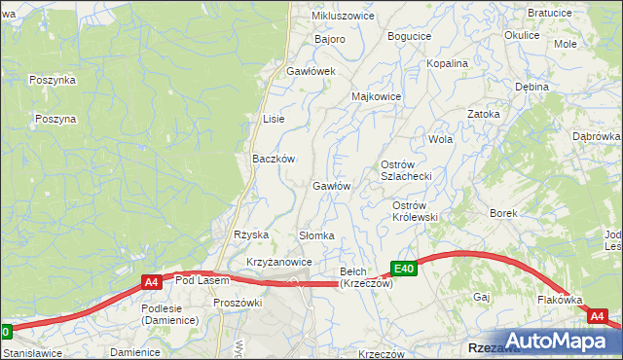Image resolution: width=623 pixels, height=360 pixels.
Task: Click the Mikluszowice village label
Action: [343, 17]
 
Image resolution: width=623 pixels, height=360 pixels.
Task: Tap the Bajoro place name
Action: [330, 40]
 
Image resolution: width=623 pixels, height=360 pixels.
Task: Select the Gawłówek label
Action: [311, 72]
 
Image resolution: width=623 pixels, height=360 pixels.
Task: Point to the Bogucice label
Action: [409, 36]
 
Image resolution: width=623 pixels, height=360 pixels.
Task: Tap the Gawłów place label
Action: [331, 186]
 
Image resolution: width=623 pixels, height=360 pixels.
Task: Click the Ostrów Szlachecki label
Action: [412, 169]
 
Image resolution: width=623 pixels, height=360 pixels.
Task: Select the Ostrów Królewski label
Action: [415, 211]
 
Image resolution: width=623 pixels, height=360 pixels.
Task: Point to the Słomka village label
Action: [316, 236]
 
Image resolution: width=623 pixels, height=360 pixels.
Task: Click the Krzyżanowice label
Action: [278, 263]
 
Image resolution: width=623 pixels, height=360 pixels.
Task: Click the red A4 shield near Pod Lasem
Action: [151, 282]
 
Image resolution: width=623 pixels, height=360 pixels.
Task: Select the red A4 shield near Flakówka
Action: [597, 316]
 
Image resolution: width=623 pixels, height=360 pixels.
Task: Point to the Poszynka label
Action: [53, 80]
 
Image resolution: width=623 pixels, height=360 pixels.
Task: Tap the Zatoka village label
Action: [483, 114]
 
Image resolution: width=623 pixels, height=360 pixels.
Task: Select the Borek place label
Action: [503, 212]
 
